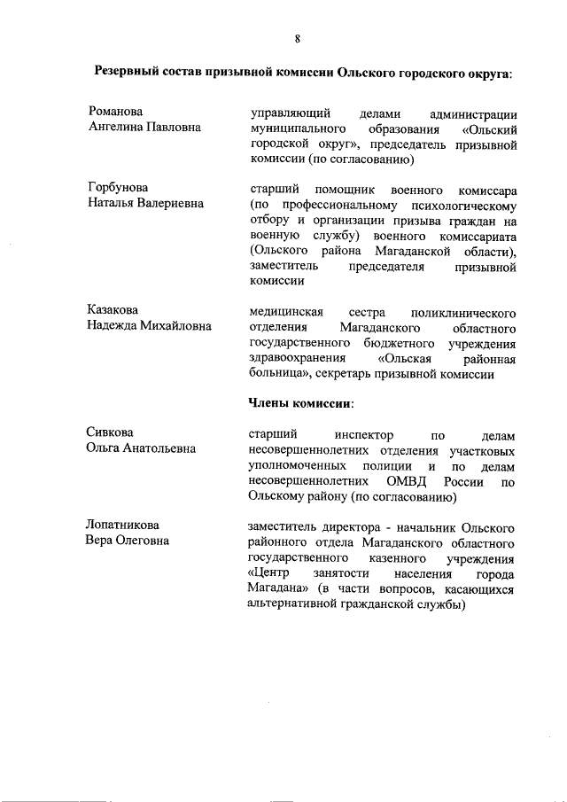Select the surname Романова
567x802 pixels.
115,113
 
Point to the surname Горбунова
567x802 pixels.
118,188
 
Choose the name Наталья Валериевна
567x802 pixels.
145,204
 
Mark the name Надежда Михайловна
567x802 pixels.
149,326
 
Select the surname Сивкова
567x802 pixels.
110,432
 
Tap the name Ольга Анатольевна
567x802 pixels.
141,448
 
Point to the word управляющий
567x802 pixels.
291,113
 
